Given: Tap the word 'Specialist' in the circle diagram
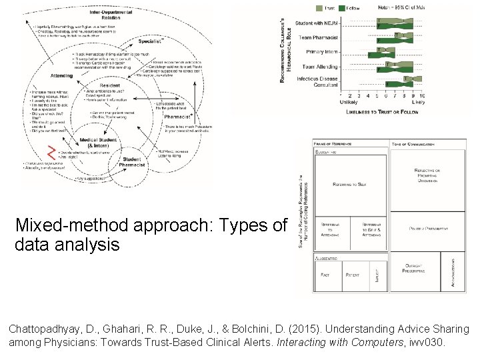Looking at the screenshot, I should click(151, 41).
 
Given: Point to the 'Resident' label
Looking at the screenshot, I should click(110, 87).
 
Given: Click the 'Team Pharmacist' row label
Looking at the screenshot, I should click(319, 38).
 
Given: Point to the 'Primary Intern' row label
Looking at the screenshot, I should click(322, 52).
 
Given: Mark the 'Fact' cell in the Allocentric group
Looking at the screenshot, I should click(325, 274).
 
